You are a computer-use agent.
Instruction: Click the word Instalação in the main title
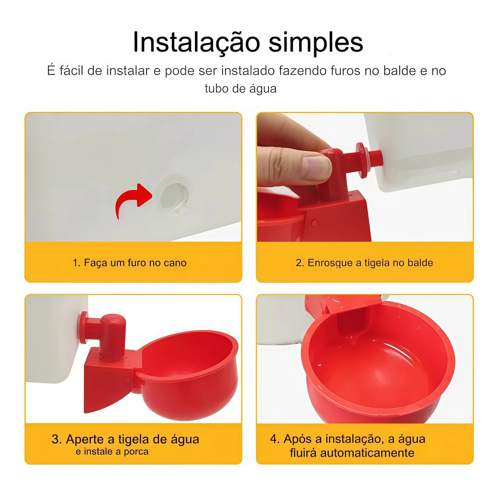(196, 43)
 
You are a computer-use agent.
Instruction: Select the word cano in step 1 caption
(175, 263)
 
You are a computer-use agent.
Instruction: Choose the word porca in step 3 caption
(136, 452)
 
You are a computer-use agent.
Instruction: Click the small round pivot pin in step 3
(127, 379)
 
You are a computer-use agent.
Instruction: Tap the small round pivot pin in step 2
(315, 223)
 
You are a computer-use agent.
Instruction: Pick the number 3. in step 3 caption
(56, 439)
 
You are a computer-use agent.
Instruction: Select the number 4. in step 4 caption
(275, 439)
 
